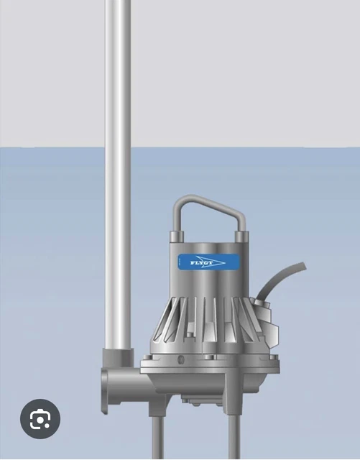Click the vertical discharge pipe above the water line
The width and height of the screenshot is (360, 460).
click(x=118, y=72)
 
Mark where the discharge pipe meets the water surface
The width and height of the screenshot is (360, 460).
click(x=118, y=147)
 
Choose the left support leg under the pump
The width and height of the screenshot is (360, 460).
click(x=157, y=431)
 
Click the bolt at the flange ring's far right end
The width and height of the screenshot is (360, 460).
click(x=272, y=356)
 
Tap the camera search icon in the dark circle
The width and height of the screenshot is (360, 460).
click(x=40, y=418)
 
